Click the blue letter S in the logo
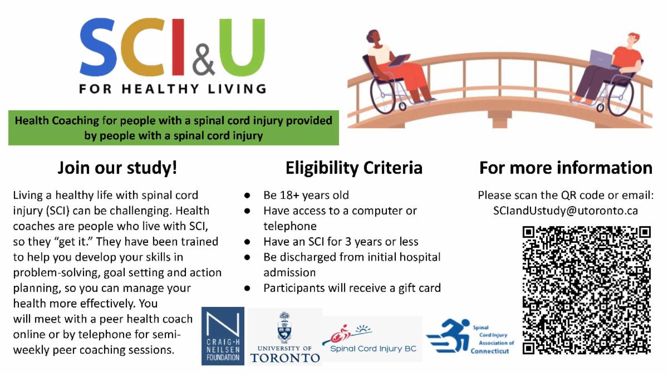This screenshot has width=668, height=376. tap(98, 47)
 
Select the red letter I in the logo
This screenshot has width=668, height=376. tap(178, 47)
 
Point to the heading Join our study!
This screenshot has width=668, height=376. tap(117, 168)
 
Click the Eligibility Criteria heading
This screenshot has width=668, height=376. tap(354, 168)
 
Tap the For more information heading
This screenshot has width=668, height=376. tap(566, 168)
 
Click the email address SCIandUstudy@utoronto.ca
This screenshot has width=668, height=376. tap(566, 211)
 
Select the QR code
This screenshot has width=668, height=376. tap(587, 290)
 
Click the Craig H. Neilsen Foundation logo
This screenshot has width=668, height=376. tap(223, 336)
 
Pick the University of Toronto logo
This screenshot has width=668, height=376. tap(285, 337)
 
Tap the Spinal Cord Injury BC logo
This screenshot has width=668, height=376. tap(373, 339)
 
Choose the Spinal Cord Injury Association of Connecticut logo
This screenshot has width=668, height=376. tap(470, 336)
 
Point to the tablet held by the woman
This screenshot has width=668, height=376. tap(399, 60)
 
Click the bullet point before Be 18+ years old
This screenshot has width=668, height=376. tap(247, 196)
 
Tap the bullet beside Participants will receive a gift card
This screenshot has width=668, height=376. tap(247, 289)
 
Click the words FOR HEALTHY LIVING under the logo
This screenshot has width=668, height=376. tap(173, 89)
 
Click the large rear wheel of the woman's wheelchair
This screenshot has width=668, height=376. tap(385, 95)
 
